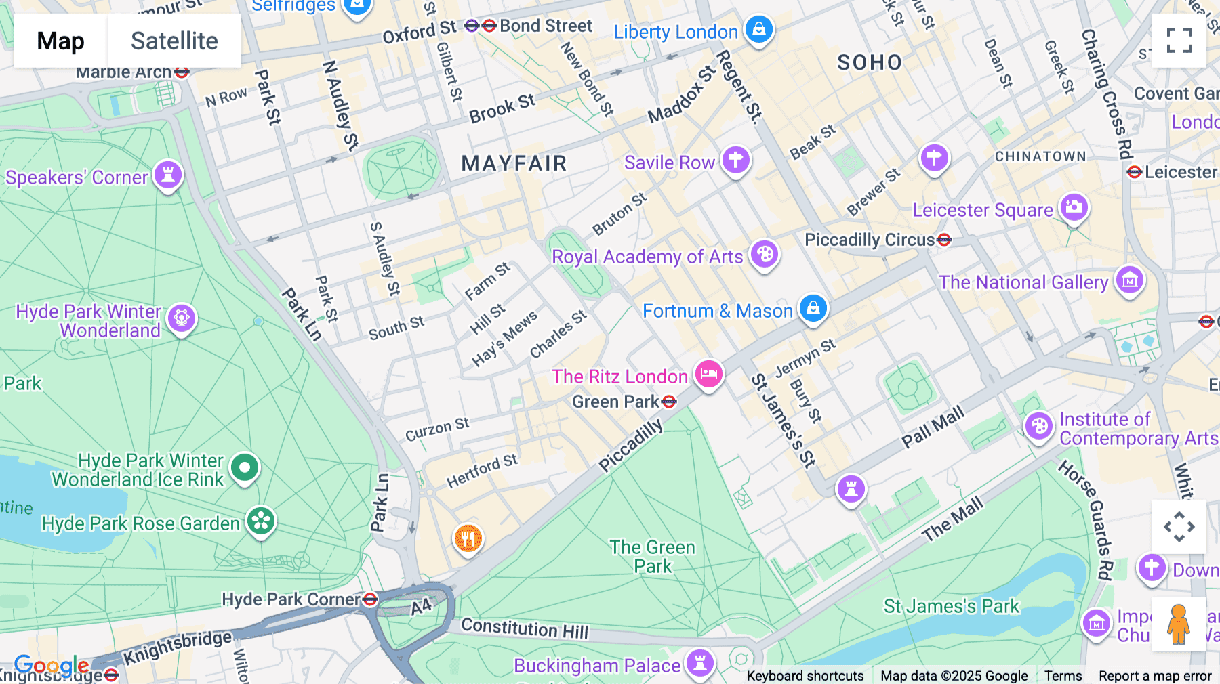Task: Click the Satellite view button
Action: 174,41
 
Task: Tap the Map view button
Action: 60,41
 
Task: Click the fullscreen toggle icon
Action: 1179,41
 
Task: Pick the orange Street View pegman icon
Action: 1179,624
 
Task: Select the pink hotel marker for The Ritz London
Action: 709,374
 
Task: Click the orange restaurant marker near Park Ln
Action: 468,539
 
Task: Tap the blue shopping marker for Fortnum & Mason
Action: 813,308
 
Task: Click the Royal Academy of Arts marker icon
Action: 765,255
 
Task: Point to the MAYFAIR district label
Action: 514,163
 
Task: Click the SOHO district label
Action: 870,62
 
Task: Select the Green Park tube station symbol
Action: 669,402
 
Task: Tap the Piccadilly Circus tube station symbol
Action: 944,240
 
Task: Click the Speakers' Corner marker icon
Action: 167,175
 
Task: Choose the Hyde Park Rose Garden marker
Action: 261,521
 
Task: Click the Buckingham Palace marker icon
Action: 699,662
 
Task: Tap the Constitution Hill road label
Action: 525,628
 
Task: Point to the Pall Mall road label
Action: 933,427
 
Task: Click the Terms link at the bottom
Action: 1063,675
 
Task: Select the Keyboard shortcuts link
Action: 805,675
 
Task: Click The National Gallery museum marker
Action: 1129,279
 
